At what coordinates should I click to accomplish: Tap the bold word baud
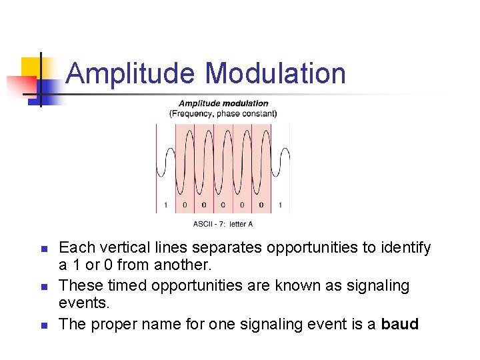[400, 325]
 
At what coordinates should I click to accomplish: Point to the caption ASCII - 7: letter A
[223, 224]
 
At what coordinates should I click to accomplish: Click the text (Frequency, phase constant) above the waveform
[223, 113]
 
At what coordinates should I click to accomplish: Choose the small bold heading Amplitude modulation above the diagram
[223, 103]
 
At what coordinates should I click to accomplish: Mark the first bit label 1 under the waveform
[165, 205]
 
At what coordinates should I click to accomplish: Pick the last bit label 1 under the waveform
[281, 205]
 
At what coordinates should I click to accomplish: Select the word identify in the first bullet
[406, 248]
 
